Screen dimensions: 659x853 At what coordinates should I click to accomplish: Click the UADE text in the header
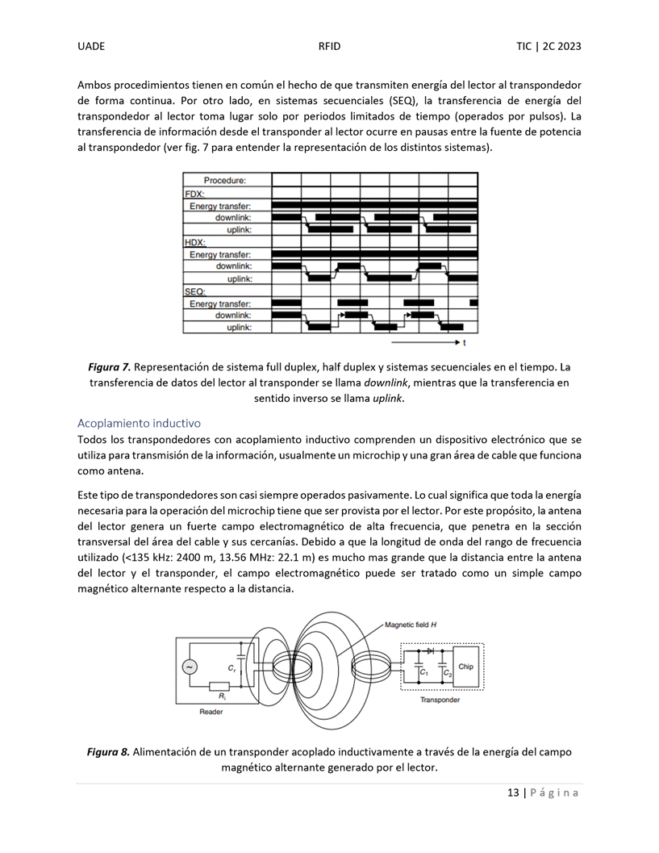(91, 46)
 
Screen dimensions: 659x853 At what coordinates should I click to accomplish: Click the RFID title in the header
(329, 46)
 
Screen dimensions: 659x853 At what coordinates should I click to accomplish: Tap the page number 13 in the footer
(513, 792)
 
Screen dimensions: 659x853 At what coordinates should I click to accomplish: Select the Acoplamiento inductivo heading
(139, 423)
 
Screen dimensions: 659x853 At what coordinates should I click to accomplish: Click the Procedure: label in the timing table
(224, 180)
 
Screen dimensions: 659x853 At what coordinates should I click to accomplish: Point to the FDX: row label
(194, 194)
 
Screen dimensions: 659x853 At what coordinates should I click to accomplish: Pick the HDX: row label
(194, 243)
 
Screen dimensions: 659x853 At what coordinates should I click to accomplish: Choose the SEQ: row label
(194, 291)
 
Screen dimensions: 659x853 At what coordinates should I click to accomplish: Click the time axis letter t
(464, 343)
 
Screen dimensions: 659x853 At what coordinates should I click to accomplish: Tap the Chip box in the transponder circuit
(465, 667)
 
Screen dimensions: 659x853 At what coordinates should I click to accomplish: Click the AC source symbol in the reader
(190, 667)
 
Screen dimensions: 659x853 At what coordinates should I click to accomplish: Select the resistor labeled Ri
(220, 687)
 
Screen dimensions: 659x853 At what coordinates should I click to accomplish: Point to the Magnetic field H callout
(411, 625)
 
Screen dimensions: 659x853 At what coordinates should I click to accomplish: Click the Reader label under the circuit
(211, 712)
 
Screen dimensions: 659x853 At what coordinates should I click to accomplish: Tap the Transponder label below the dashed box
(440, 700)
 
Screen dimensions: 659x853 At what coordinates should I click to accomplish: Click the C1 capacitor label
(424, 673)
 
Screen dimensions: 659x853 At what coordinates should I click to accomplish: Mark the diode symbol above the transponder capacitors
(430, 650)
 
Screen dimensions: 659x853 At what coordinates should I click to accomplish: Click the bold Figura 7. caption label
(109, 367)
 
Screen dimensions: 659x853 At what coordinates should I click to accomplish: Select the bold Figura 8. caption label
(108, 752)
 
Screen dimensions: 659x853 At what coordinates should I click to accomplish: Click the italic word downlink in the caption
(386, 383)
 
